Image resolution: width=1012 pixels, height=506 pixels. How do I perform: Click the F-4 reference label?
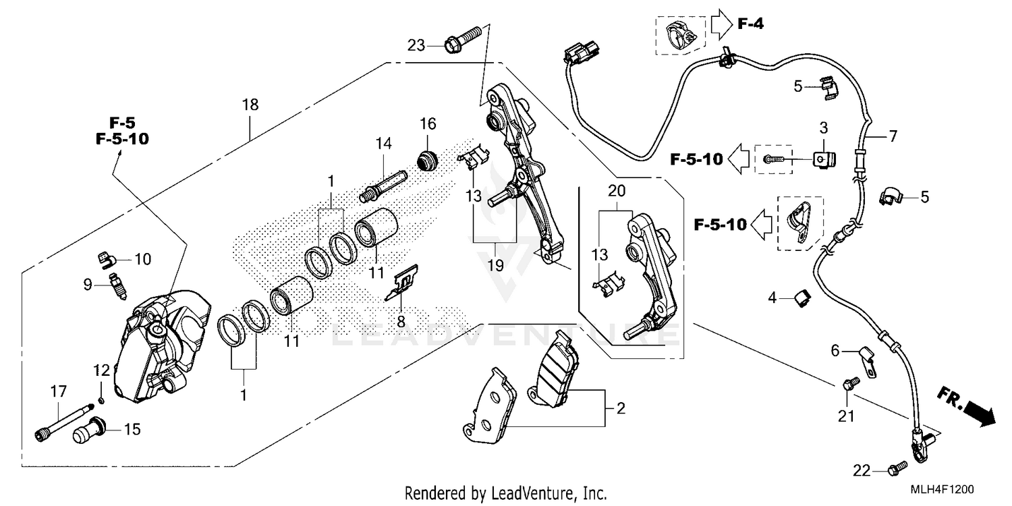click(750, 25)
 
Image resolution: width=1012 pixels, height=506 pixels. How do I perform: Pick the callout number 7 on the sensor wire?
click(893, 136)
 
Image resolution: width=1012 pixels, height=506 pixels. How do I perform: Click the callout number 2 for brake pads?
click(621, 408)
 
